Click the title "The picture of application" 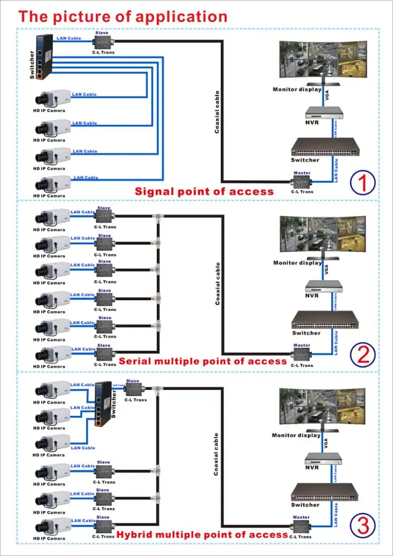coord(122,16)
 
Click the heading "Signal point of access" coord(204,192)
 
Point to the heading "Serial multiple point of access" coord(202,361)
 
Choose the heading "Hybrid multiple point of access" coord(202,534)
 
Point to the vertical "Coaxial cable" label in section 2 coord(217,284)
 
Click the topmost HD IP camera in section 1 coord(52,99)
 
